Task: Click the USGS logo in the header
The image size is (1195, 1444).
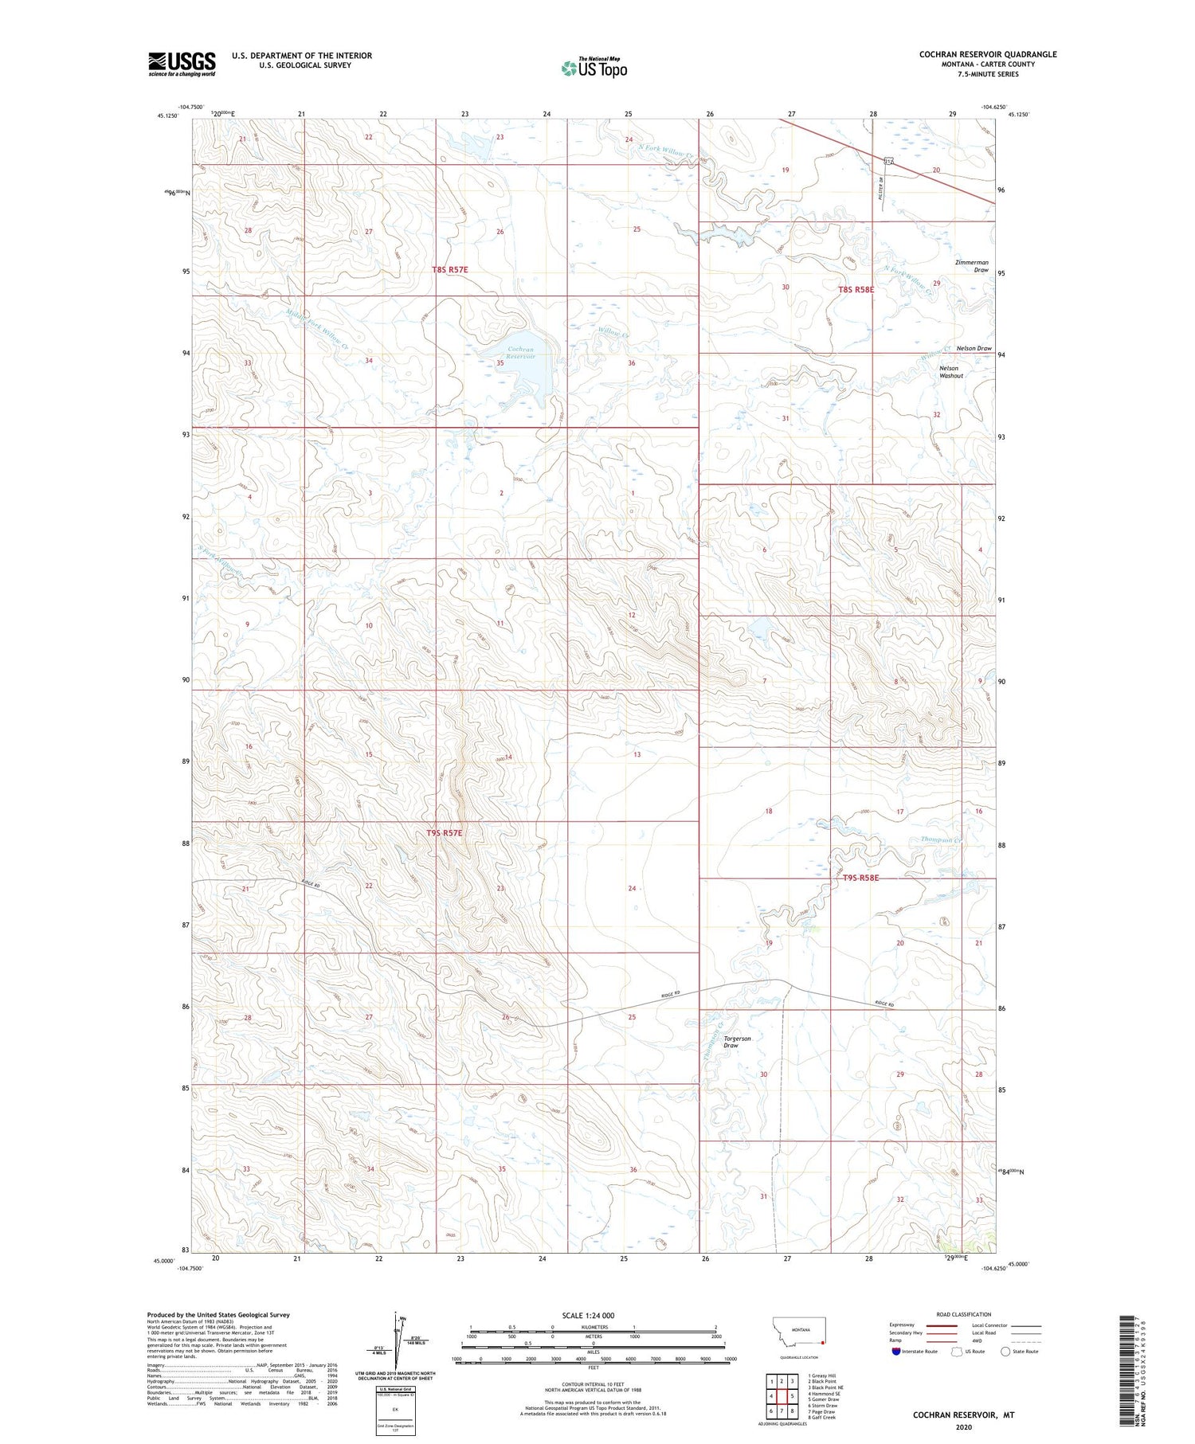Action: (182, 64)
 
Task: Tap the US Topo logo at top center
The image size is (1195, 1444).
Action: (594, 68)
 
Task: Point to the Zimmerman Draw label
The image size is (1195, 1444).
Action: (972, 266)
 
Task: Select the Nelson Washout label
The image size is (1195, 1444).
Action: (950, 372)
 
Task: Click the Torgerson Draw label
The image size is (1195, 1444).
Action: (737, 1042)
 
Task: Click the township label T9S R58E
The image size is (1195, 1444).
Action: (860, 878)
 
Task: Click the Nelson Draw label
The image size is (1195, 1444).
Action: (974, 348)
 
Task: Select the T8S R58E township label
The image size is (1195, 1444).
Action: (856, 290)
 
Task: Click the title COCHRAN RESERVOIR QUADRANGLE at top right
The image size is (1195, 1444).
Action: (988, 54)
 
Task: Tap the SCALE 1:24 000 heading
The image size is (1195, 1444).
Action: (588, 1315)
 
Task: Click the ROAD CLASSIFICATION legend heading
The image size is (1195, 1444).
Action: (964, 1314)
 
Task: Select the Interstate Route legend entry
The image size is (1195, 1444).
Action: (914, 1351)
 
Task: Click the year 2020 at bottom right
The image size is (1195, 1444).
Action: (964, 1426)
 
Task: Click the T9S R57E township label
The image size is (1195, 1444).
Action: (444, 832)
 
